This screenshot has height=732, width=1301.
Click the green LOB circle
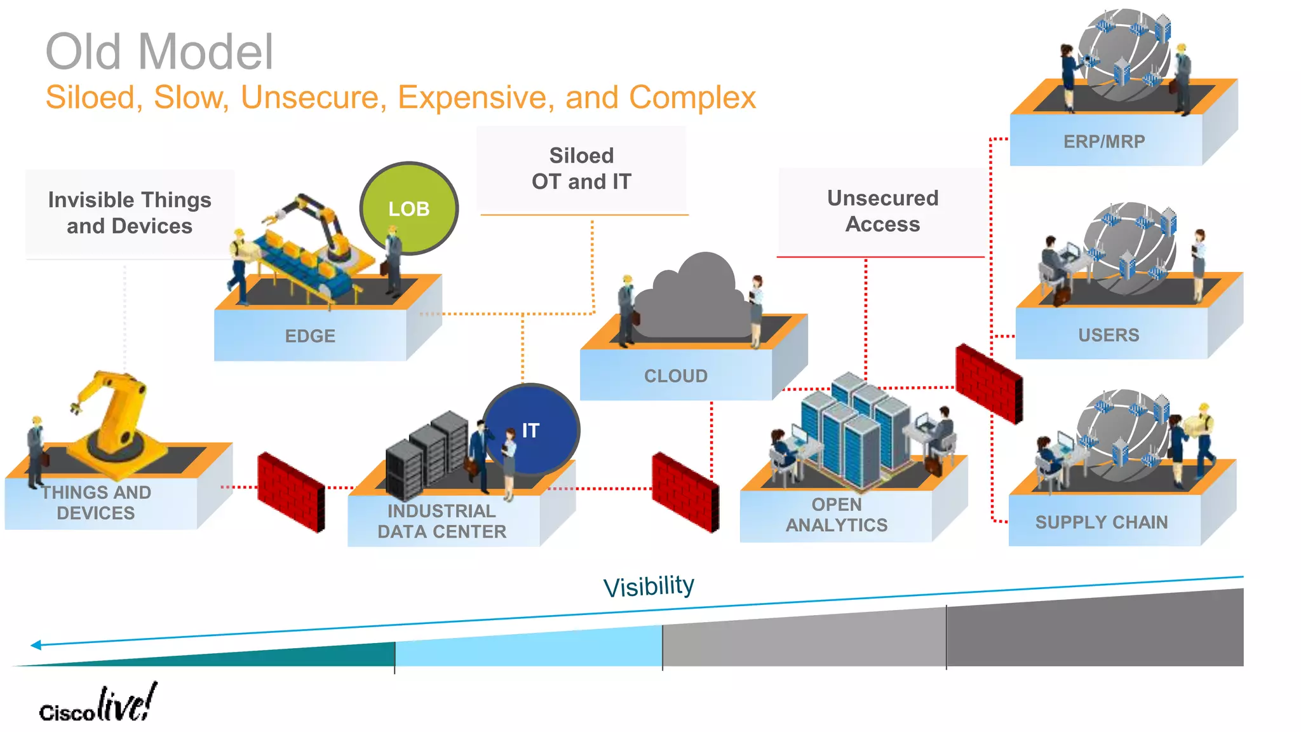(409, 208)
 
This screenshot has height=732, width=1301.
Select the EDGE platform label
(310, 335)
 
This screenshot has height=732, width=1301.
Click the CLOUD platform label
(676, 376)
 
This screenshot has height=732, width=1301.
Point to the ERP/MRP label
(1104, 141)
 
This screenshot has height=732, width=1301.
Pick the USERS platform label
(1109, 335)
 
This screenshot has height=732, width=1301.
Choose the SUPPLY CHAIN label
(1102, 522)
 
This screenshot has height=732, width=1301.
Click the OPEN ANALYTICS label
(837, 515)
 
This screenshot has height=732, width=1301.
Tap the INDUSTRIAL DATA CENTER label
(442, 521)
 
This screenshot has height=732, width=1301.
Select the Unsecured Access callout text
(882, 211)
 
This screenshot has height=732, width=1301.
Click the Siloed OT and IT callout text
(581, 168)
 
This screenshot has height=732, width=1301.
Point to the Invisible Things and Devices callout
(130, 213)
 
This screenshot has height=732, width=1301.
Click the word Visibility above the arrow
(649, 586)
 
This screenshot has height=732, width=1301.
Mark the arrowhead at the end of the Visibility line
(36, 645)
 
